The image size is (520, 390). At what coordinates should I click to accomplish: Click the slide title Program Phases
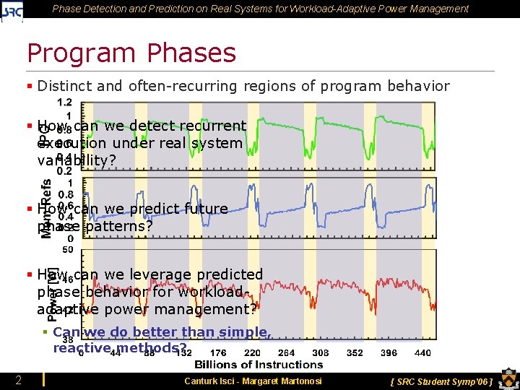pyautogui.click(x=131, y=53)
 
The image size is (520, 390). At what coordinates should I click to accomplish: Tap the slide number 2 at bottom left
pyautogui.click(x=18, y=381)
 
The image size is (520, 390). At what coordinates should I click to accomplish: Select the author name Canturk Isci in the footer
pyautogui.click(x=213, y=381)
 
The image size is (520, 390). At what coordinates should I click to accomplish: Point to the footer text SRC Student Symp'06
pyautogui.click(x=441, y=381)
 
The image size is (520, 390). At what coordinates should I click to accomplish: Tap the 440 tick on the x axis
pyautogui.click(x=423, y=353)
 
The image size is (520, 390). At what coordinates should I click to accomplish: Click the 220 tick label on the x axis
pyautogui.click(x=252, y=353)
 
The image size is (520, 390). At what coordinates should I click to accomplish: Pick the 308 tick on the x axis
pyautogui.click(x=321, y=353)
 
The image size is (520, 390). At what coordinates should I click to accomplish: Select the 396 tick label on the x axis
pyautogui.click(x=389, y=353)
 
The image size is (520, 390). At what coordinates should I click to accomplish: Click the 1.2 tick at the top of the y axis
pyautogui.click(x=64, y=102)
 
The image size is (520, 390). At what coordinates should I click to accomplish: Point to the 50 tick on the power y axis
pyautogui.click(x=67, y=250)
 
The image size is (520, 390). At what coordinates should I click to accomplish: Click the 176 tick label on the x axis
pyautogui.click(x=218, y=353)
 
